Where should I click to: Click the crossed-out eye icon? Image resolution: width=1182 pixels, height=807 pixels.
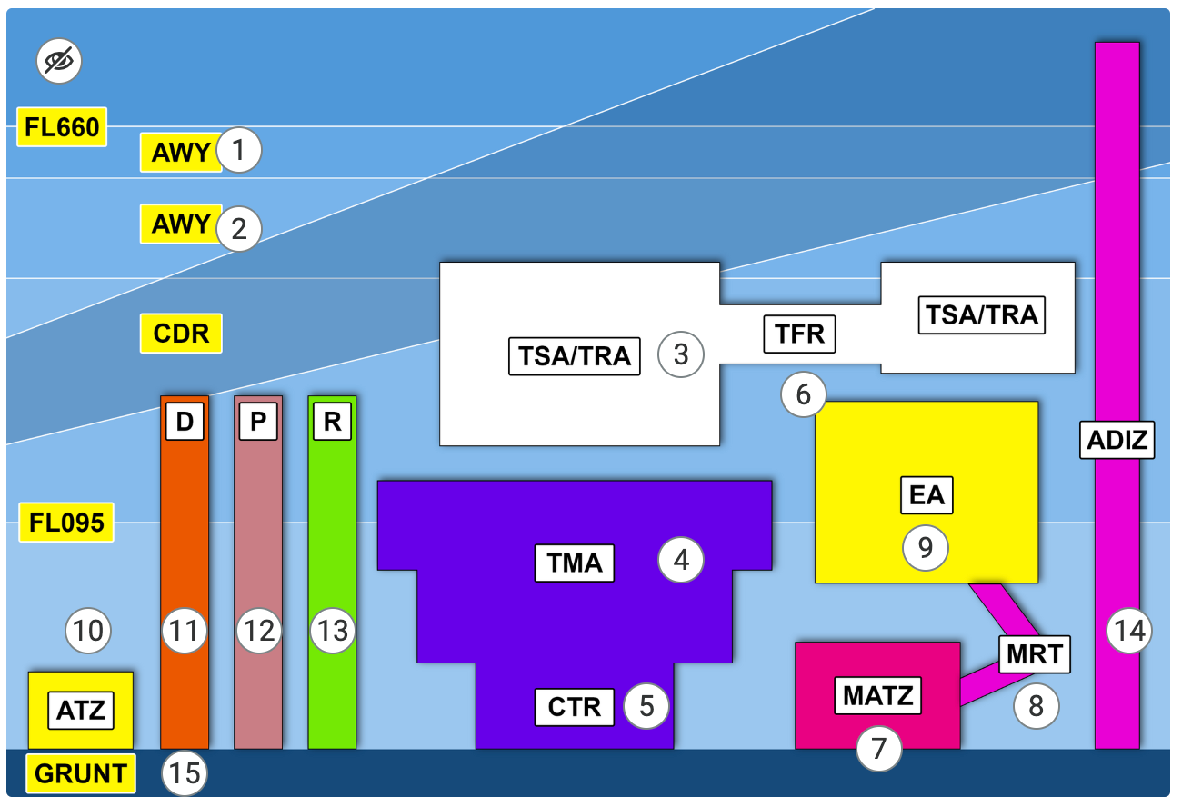[59, 62]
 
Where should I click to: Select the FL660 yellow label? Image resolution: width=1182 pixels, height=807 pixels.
[62, 127]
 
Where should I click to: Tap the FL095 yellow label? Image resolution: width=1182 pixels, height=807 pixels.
[66, 523]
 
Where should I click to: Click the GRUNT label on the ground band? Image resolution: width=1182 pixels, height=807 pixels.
[81, 774]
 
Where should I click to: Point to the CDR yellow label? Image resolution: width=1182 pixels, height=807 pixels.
[181, 334]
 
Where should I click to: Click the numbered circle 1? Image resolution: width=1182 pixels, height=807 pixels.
[239, 150]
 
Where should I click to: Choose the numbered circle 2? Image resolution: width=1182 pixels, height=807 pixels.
[239, 228]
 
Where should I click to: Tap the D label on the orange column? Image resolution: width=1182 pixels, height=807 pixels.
[185, 423]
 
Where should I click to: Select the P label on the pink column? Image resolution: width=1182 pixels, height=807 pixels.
[258, 423]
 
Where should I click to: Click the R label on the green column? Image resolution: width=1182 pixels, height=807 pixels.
[332, 423]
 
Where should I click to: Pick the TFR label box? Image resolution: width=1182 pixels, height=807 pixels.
[800, 334]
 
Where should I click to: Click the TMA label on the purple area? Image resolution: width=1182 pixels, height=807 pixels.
[575, 563]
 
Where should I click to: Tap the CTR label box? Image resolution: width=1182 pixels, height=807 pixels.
[575, 707]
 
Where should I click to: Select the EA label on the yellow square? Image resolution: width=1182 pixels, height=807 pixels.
[927, 496]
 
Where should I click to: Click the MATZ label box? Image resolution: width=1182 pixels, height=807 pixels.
[878, 696]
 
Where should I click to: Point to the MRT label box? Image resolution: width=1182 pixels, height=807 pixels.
[1035, 653]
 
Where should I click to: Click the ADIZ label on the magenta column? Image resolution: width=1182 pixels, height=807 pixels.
[1117, 442]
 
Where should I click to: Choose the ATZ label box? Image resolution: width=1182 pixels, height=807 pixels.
[82, 711]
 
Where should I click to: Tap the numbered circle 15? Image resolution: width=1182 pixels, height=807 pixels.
[185, 774]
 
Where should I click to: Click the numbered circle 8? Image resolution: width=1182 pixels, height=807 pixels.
[1037, 705]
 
